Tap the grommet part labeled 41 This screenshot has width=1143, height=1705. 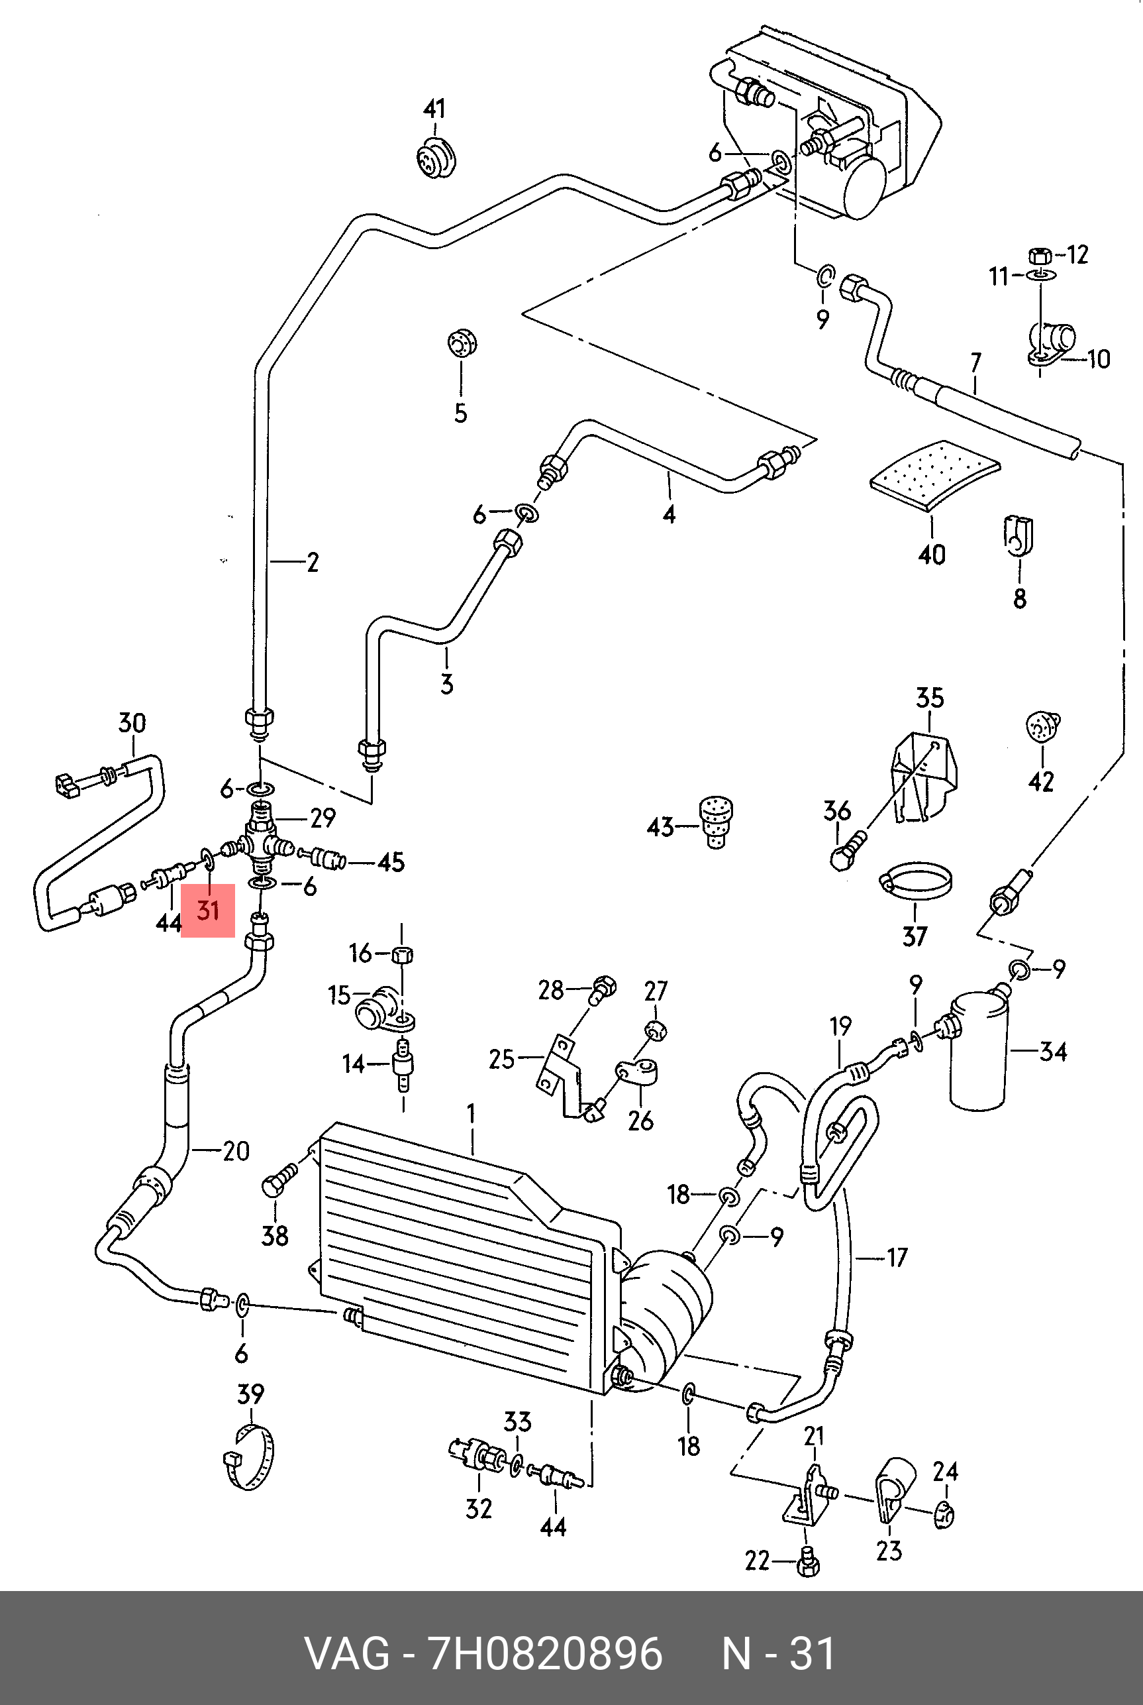[435, 156]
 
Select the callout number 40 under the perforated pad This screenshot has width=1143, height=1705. [932, 554]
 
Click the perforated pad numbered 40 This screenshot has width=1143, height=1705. [935, 474]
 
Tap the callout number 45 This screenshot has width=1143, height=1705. [391, 863]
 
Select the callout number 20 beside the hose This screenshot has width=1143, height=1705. [236, 1152]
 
